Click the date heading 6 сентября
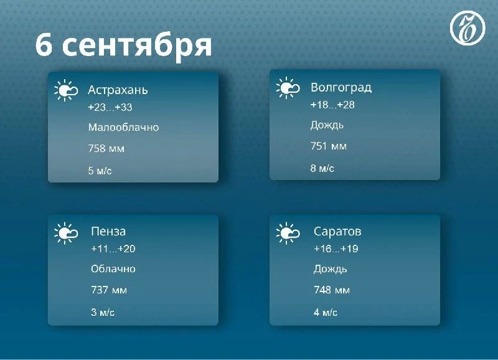point(123,45)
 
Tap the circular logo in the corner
point(467,27)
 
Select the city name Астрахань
point(118,90)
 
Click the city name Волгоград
point(341,88)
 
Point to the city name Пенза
point(108,231)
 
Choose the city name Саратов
point(337,232)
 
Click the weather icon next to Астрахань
point(66,90)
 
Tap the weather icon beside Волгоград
point(288,88)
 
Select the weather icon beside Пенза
point(66,233)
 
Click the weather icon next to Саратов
point(288,233)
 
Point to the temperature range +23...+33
point(110,107)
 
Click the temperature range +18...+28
point(332,105)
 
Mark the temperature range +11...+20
point(113,249)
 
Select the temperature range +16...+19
point(336,249)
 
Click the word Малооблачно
point(123,128)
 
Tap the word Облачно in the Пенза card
point(113,269)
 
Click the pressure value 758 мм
point(106,148)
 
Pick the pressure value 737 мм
point(109,290)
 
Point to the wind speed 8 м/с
point(322,168)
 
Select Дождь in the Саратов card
point(331,270)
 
